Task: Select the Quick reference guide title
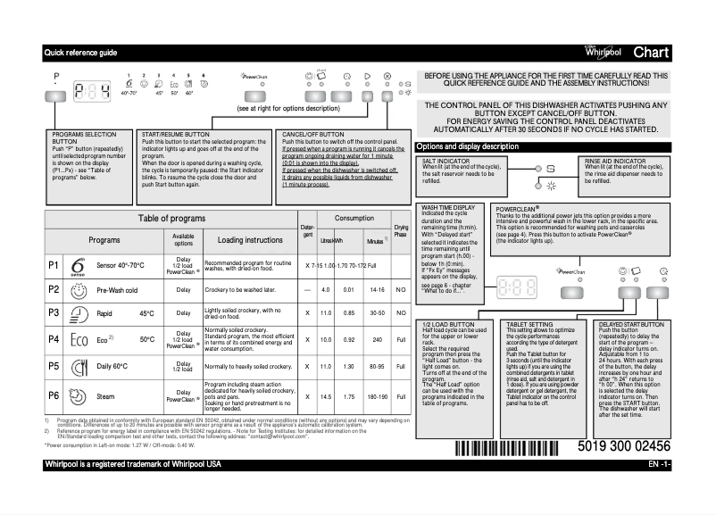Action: click(x=80, y=53)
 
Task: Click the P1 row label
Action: click(x=54, y=266)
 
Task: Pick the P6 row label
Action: click(x=54, y=395)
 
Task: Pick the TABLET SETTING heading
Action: click(x=529, y=323)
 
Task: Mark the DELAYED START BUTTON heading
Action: click(x=629, y=323)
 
